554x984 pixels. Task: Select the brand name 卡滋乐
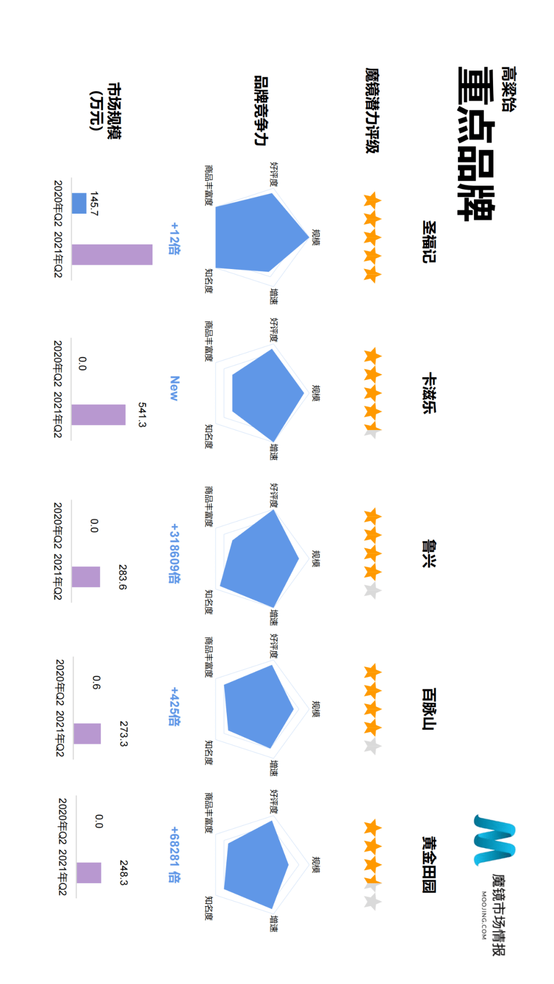tap(429, 393)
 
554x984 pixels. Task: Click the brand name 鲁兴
tap(429, 553)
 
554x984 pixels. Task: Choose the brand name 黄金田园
tap(429, 865)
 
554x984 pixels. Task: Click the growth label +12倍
tap(174, 238)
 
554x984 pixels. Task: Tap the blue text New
tap(174, 388)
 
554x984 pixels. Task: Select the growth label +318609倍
tap(174, 553)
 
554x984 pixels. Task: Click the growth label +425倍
tap(174, 707)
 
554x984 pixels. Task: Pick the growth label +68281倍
tap(174, 854)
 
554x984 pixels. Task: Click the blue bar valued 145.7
tap(79, 203)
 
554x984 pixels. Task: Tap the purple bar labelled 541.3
tap(98, 415)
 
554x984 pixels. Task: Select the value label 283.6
tap(122, 577)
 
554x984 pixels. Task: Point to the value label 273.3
tap(123, 733)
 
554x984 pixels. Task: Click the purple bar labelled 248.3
tap(89, 873)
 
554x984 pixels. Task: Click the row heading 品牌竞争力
tap(261, 111)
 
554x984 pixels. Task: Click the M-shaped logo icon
tap(493, 840)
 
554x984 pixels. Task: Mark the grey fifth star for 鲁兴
tap(372, 591)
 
